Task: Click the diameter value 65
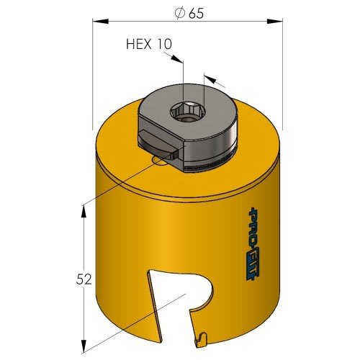pyautogui.click(x=196, y=14)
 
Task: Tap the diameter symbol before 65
pyautogui.click(x=180, y=13)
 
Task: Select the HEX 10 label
pyautogui.click(x=149, y=44)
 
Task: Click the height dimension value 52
pyautogui.click(x=84, y=279)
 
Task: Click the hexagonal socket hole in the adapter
pyautogui.click(x=188, y=112)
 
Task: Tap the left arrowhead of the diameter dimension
pyautogui.click(x=101, y=22)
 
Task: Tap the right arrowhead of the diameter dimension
pyautogui.click(x=274, y=22)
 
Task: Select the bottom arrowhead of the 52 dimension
pyautogui.click(x=84, y=345)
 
